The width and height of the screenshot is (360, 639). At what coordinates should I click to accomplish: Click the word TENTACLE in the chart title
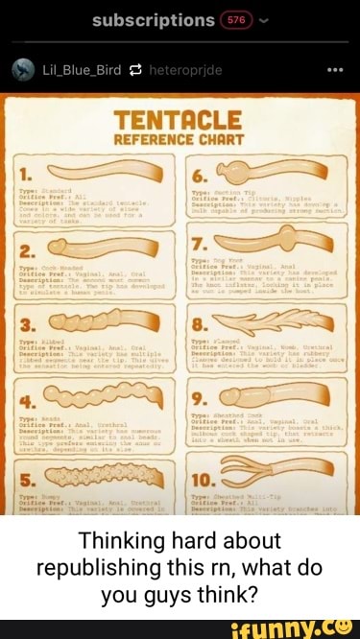(180, 119)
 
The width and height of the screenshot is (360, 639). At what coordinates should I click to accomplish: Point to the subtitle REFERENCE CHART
(180, 138)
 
